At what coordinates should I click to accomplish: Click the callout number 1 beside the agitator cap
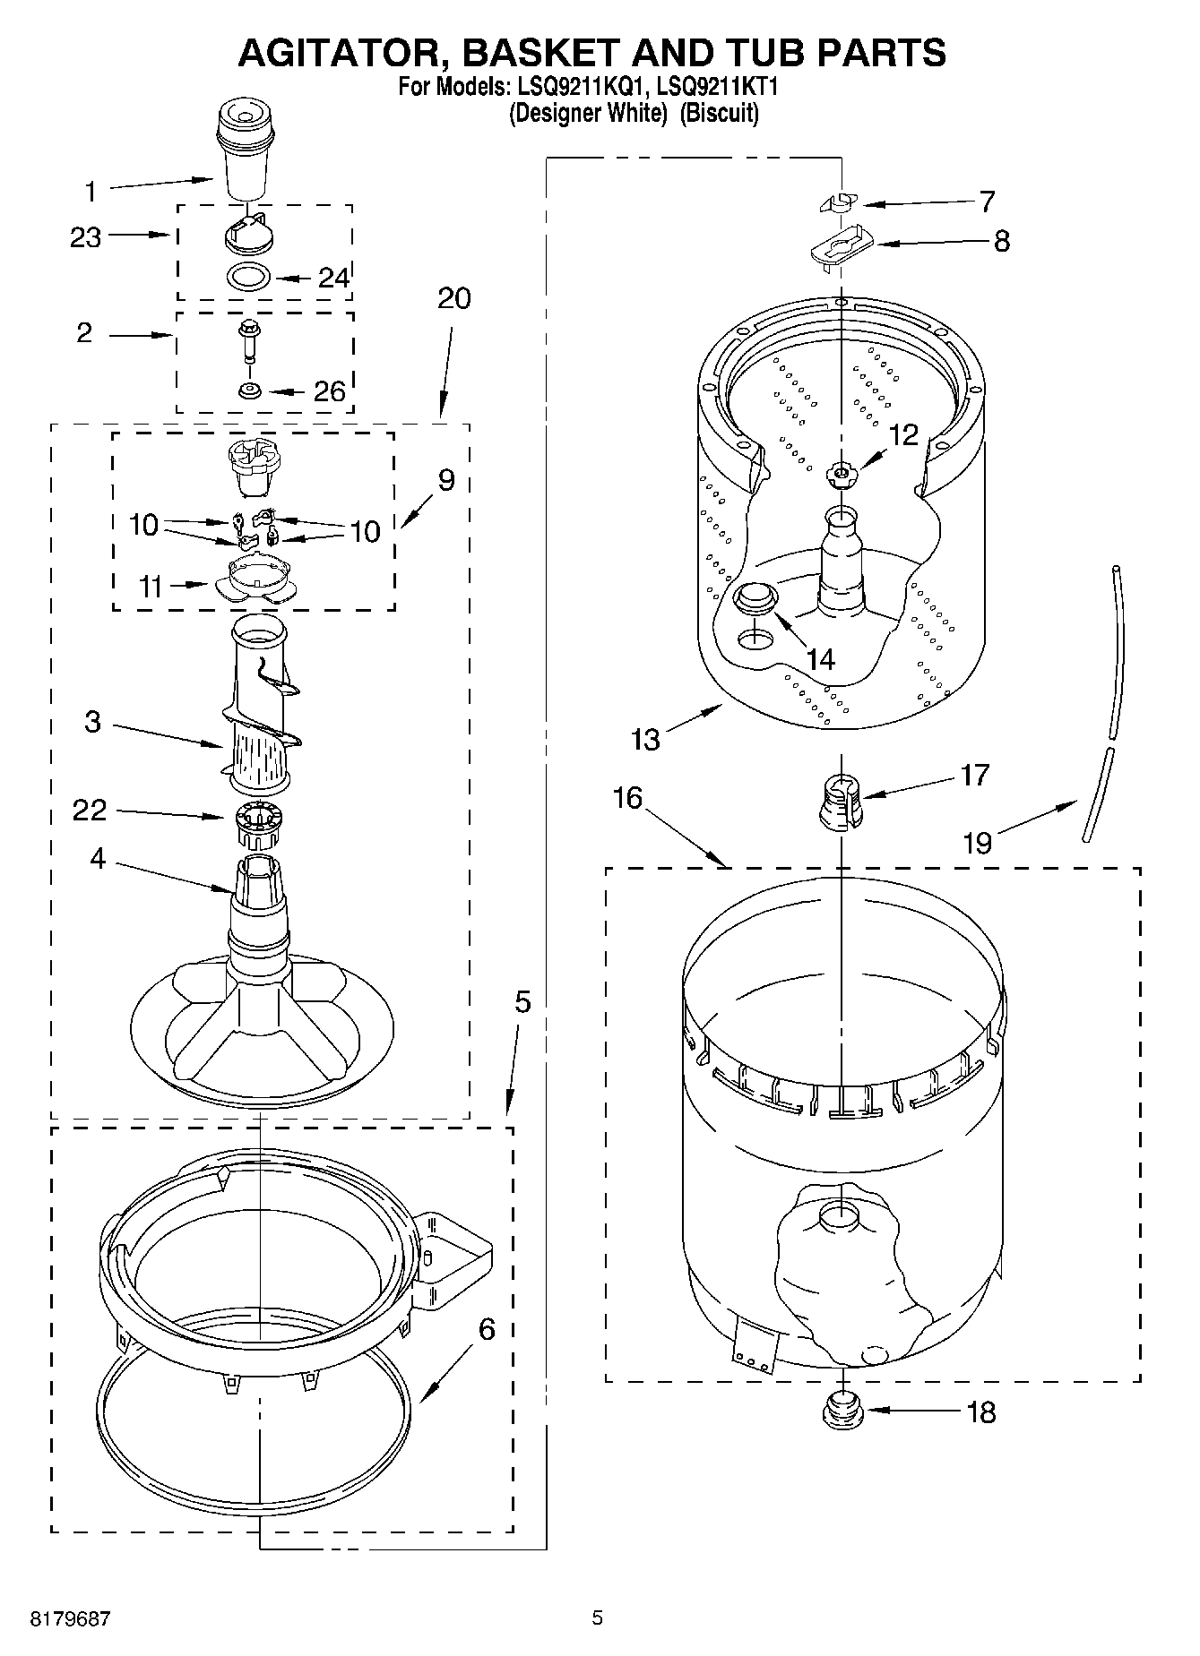point(90,192)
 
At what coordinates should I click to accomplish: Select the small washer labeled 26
point(249,390)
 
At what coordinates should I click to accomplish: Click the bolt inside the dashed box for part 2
point(247,339)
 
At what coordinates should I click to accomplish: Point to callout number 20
point(454,298)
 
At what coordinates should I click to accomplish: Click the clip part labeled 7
point(838,203)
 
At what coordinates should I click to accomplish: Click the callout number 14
point(820,659)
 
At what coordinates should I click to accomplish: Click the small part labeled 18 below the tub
point(842,1412)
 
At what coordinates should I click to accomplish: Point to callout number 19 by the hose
point(977,842)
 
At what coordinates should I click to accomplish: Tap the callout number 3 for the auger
point(92,722)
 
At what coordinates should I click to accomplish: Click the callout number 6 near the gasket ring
point(486,1328)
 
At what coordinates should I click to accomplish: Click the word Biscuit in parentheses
point(719,114)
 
